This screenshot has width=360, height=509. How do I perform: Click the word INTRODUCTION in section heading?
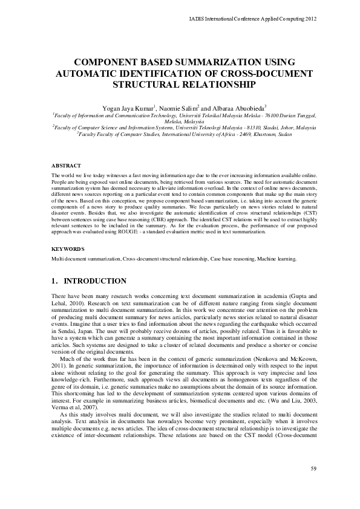(x=95, y=281)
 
